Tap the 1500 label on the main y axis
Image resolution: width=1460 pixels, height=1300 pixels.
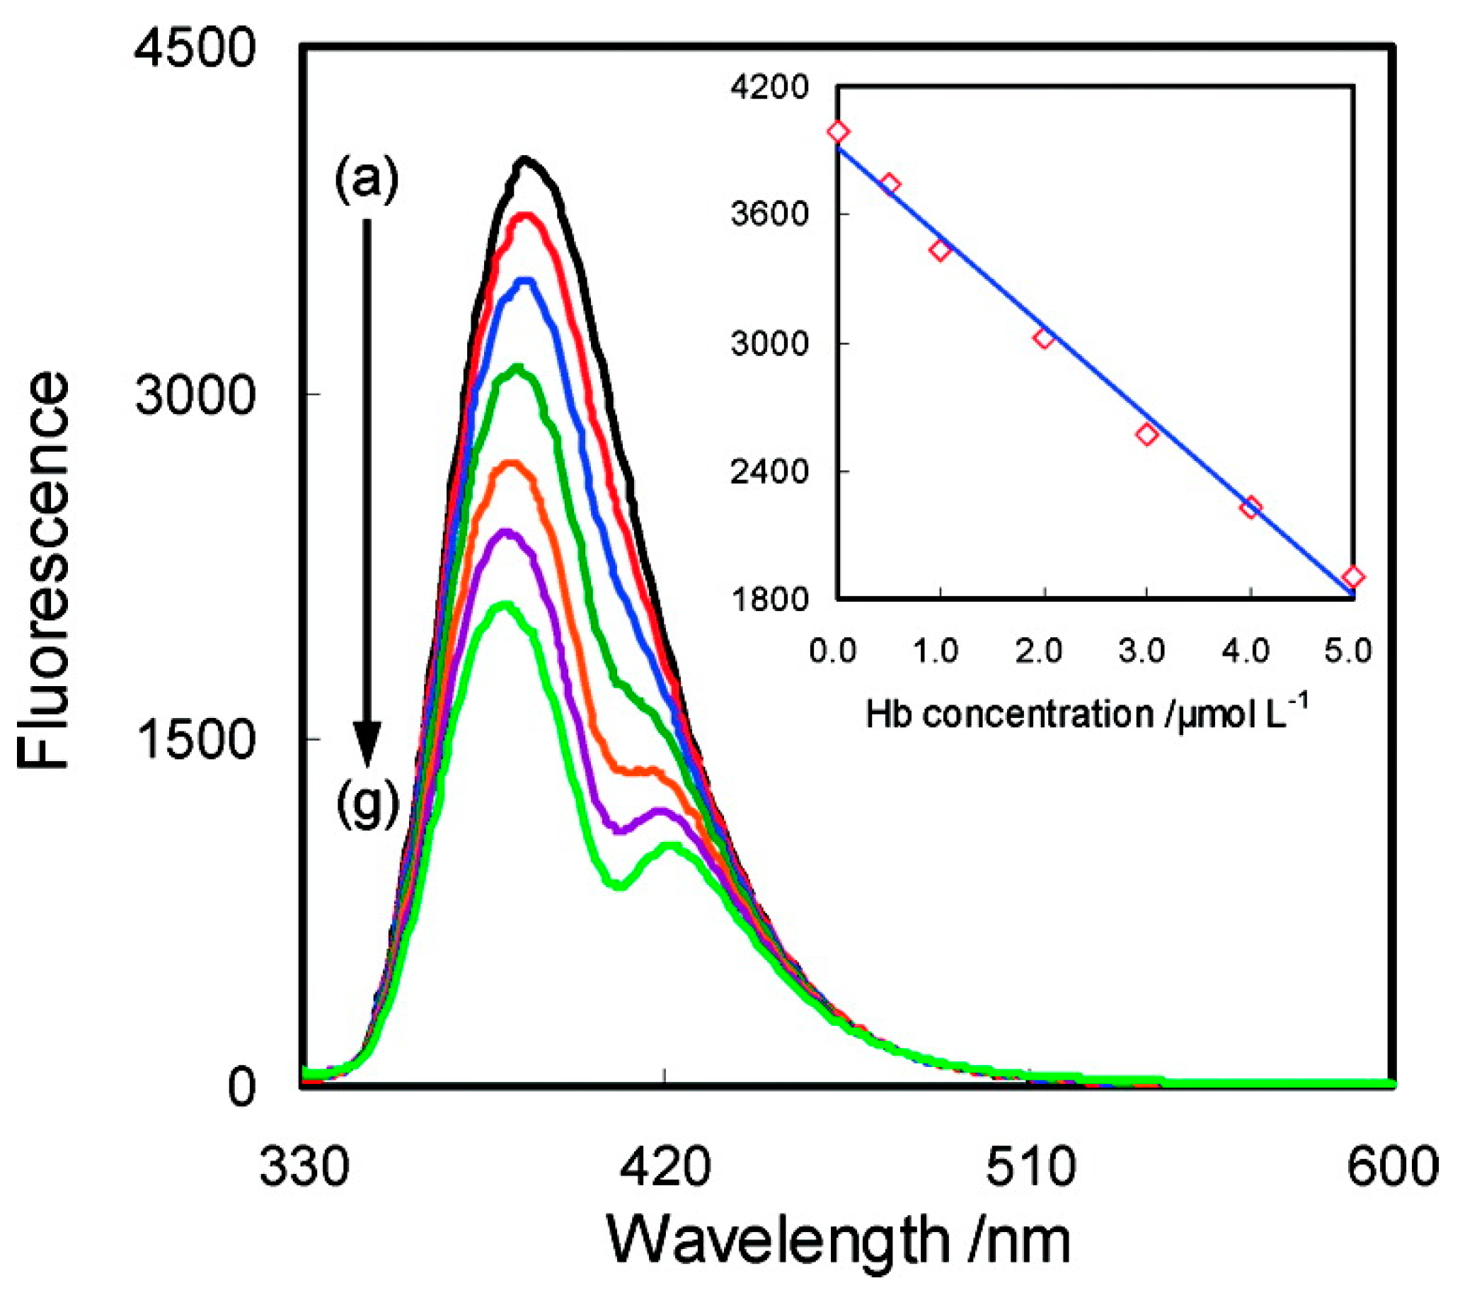click(195, 739)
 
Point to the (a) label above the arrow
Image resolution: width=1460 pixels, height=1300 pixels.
click(367, 180)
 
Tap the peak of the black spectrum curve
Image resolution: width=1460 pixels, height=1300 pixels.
click(525, 161)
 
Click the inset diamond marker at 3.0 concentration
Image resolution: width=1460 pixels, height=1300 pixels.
click(1146, 434)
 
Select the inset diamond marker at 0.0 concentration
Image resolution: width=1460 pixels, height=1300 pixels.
click(839, 132)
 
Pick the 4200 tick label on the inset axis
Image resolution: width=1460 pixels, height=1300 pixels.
click(769, 87)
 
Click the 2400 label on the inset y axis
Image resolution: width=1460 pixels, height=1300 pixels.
click(769, 472)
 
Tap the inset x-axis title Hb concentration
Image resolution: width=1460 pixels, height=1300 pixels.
click(1086, 712)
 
